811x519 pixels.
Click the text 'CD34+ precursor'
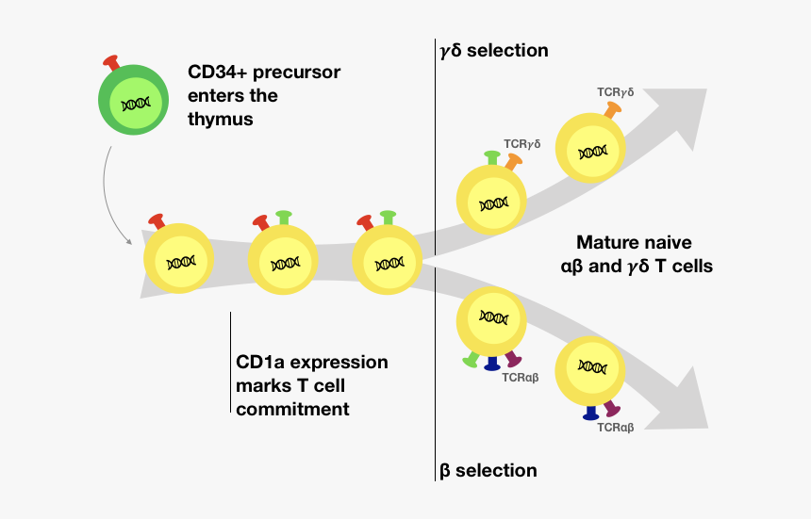(264, 72)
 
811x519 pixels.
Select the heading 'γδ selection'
(494, 49)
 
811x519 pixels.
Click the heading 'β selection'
(488, 470)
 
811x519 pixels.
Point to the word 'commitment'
(292, 409)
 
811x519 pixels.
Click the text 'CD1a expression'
(311, 362)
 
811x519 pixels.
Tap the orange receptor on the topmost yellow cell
(612, 110)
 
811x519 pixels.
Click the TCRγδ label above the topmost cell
(615, 92)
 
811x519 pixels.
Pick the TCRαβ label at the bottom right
(615, 428)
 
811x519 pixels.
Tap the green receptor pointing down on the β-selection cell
(470, 360)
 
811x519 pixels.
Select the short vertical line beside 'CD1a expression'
(230, 363)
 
